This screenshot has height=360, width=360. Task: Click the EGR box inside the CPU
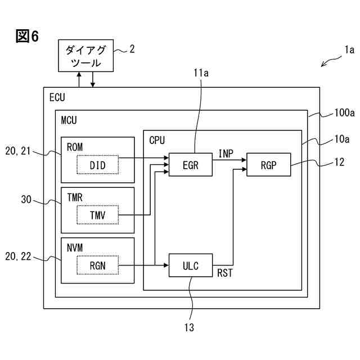191,165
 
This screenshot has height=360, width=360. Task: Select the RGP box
269,165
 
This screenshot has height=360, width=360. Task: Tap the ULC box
191,265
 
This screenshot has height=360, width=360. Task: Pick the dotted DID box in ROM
98,165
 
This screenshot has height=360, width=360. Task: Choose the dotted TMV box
98,215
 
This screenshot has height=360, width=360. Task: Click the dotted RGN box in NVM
98,265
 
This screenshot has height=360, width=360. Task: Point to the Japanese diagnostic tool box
86,56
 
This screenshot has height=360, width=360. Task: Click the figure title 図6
27,36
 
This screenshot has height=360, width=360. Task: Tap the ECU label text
57,97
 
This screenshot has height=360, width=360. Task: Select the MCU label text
69,120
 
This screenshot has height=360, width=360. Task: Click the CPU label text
157,140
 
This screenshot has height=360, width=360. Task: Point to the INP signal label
226,154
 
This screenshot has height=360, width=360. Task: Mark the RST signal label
225,273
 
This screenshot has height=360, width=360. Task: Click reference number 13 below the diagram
189,327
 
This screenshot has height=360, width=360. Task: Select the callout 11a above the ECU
201,73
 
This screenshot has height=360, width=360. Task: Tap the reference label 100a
344,112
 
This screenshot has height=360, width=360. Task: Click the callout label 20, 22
18,256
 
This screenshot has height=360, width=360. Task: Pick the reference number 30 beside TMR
26,199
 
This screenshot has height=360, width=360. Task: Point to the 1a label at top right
349,49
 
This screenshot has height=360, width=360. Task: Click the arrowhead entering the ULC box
166,265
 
